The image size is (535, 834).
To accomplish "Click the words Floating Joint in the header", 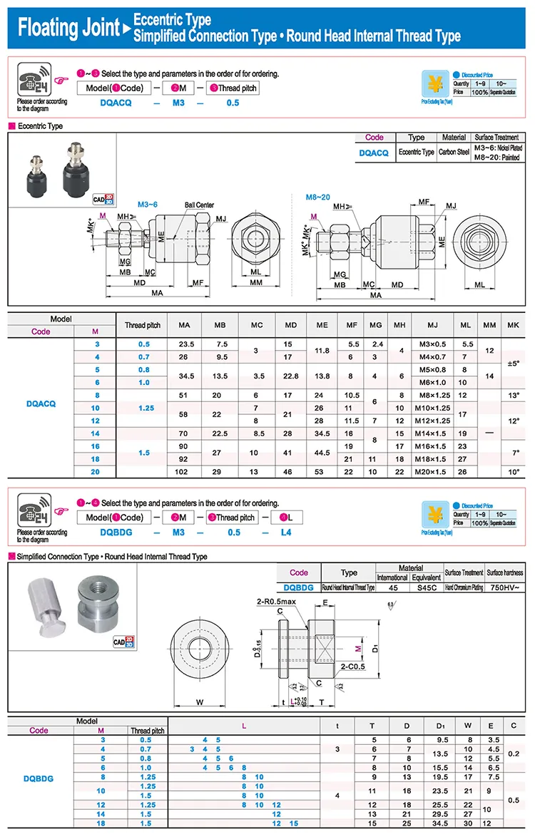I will (x=68, y=28).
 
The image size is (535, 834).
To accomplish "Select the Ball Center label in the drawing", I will (x=199, y=205).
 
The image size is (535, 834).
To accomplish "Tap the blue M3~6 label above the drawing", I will (x=147, y=205).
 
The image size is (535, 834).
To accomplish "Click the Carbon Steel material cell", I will (x=454, y=153).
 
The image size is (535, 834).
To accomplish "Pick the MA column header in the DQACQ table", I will (x=185, y=325).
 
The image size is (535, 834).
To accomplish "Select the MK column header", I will (x=513, y=325).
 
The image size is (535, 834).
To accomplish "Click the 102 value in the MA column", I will (x=185, y=471).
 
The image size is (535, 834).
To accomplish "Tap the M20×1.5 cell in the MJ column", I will (x=433, y=471).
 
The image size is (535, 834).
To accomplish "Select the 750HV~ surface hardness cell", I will (x=504, y=587).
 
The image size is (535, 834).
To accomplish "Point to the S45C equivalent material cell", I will (x=429, y=587).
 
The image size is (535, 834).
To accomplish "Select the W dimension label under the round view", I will (x=200, y=702).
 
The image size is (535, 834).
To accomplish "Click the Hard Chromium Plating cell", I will (x=464, y=587).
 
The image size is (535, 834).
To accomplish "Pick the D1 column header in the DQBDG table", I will (x=440, y=726).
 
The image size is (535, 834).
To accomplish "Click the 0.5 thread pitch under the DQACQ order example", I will (x=233, y=103).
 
